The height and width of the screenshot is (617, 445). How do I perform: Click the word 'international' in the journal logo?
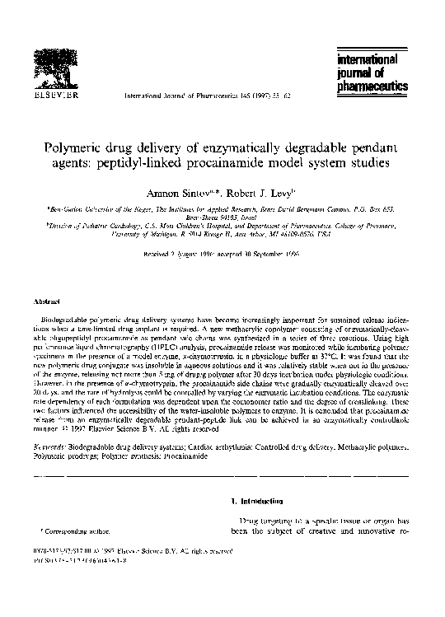click(366, 60)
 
